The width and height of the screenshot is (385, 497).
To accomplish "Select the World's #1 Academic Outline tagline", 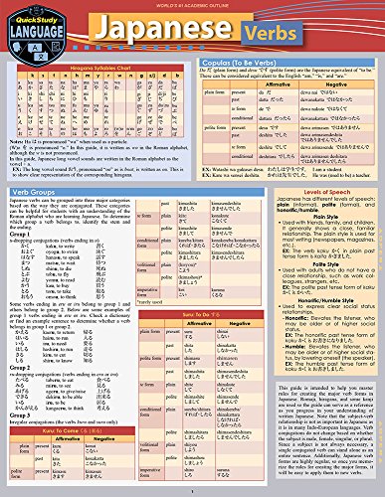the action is [x=192, y=6].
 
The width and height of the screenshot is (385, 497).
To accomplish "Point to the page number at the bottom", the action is [x=192, y=491].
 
